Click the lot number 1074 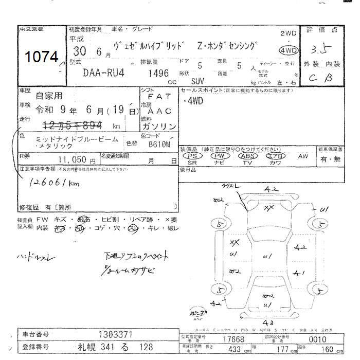[x=42, y=57]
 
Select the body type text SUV [x=197, y=81]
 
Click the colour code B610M [x=159, y=145]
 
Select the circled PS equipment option [x=192, y=155]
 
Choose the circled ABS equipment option [x=248, y=155]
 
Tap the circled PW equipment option [x=220, y=155]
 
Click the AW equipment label [x=303, y=155]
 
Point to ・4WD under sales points [x=193, y=101]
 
